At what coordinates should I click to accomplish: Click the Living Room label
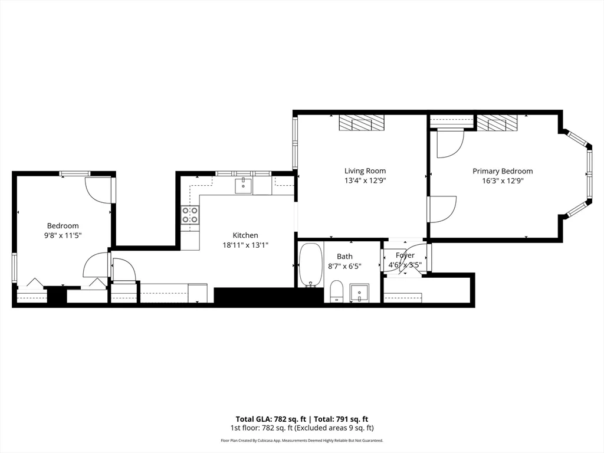point(365,171)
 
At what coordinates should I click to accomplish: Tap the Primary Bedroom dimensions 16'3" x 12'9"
point(502,181)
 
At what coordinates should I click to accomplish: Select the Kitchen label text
point(245,235)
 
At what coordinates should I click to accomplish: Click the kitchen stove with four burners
point(190,215)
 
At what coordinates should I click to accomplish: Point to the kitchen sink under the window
point(243,186)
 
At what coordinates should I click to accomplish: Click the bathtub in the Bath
point(311,265)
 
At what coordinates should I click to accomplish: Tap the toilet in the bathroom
point(336,291)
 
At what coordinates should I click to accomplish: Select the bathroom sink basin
point(359,292)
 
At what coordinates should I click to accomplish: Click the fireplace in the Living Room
point(362,123)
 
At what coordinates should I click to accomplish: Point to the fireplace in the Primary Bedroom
point(497,123)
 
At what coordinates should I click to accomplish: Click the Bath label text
point(344,257)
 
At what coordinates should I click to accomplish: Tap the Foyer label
point(405,255)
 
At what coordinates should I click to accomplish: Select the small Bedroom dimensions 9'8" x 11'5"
point(63,235)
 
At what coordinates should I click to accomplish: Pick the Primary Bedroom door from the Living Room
point(441,209)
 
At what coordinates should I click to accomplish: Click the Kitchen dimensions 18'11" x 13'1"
point(245,245)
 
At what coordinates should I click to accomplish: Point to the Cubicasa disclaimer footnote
point(301,441)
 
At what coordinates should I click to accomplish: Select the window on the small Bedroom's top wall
point(75,173)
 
